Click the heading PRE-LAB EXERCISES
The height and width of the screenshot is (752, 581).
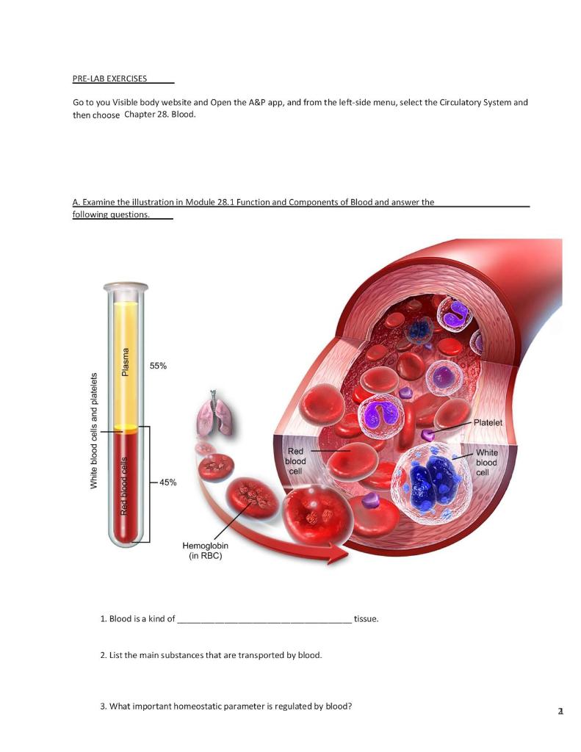pos(109,78)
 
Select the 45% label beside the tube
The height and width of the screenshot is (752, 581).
pos(167,482)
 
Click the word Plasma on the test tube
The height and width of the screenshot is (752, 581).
pos(126,362)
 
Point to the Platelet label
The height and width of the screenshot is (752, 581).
pos(488,423)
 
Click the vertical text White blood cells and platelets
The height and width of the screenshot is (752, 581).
pos(94,430)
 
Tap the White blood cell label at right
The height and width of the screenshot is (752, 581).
pos(486,463)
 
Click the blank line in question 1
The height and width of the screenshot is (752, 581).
pos(264,619)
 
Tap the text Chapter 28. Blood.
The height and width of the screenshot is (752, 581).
pos(160,115)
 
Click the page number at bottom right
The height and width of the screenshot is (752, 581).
pos(560,712)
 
